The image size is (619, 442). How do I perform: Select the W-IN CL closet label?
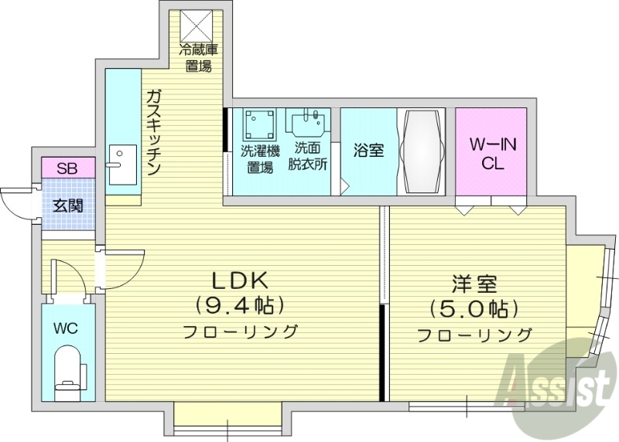point(491,153)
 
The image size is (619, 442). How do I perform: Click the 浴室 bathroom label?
point(368,150)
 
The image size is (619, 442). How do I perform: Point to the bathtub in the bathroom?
point(422,151)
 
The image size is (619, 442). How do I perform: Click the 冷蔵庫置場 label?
point(199,59)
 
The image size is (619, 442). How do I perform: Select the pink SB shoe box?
point(68,168)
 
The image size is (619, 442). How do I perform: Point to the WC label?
point(66,328)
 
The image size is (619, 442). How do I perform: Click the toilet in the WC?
point(69,372)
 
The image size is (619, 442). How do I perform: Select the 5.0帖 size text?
point(474,311)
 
